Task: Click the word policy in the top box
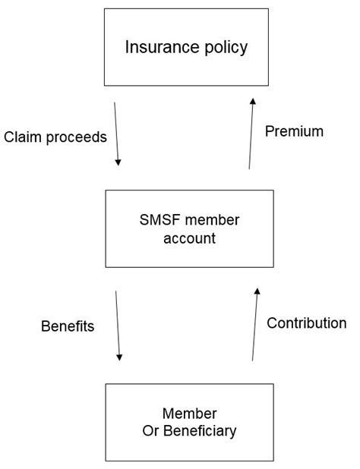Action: (222, 48)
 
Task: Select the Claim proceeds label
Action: (55, 137)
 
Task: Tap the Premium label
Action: (294, 131)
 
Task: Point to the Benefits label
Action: (68, 326)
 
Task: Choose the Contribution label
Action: (306, 323)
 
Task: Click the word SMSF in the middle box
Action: (158, 220)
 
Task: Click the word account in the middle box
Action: (188, 238)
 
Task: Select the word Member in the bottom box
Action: (189, 414)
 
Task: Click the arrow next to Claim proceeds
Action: (117, 134)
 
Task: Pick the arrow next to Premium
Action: (251, 133)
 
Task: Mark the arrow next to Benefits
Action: (118, 326)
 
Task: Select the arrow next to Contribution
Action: (254, 324)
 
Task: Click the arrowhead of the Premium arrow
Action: (254, 101)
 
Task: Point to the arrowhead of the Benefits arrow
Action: (119, 357)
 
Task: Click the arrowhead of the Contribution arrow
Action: (257, 291)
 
